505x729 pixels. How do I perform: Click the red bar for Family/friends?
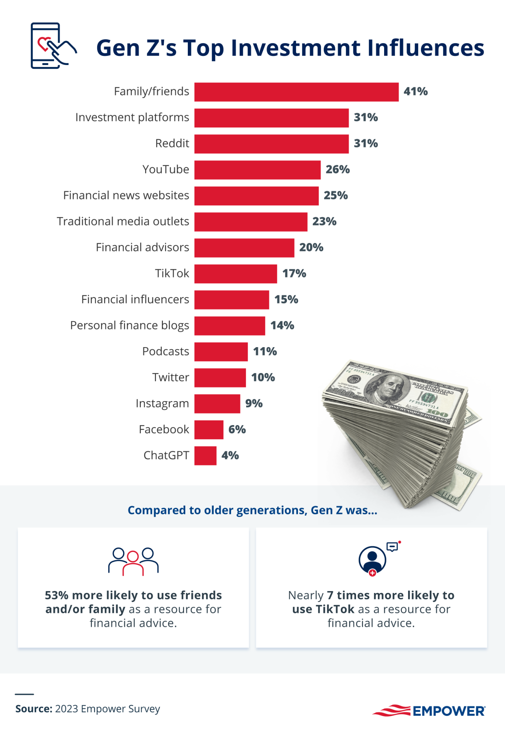(296, 92)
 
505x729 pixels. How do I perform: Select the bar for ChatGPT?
(205, 455)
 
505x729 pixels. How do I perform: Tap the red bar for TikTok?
(235, 274)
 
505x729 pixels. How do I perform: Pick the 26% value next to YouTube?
(337, 170)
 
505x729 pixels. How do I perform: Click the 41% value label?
(415, 92)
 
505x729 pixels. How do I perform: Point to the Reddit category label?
(172, 143)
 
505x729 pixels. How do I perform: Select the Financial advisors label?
(142, 247)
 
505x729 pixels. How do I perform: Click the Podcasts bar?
(221, 352)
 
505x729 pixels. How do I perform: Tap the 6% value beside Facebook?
(237, 430)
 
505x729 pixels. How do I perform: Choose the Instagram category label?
(162, 403)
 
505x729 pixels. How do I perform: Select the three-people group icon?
(133, 561)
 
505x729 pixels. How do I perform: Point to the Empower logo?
(429, 711)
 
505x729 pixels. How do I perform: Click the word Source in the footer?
(33, 709)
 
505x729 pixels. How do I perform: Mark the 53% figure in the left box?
(56, 596)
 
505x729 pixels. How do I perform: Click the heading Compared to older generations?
(252, 511)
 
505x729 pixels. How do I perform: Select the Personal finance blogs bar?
(230, 326)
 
